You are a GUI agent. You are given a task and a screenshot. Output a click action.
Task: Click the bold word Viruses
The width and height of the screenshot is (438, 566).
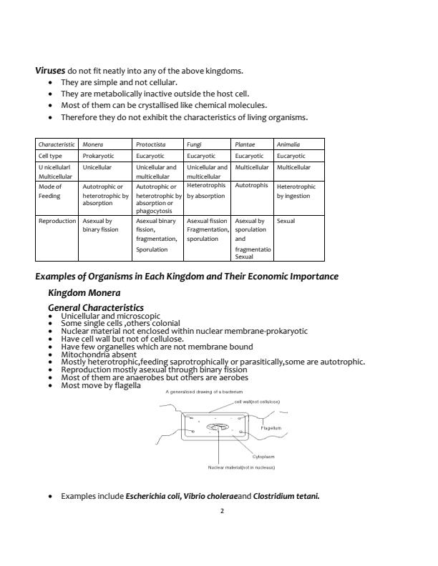click(x=51, y=71)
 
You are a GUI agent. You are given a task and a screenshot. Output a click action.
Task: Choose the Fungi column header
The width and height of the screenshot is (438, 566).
click(x=194, y=144)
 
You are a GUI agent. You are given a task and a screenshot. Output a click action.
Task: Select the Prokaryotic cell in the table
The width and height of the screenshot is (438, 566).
click(x=99, y=156)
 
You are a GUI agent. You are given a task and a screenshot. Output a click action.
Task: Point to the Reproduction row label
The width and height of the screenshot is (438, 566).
click(x=57, y=222)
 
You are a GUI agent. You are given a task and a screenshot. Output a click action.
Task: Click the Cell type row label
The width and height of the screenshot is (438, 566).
click(x=51, y=156)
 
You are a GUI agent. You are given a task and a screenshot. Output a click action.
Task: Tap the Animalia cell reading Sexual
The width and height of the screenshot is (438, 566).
click(x=285, y=222)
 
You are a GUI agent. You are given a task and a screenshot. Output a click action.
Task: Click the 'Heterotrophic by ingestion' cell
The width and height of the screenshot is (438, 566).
click(x=296, y=192)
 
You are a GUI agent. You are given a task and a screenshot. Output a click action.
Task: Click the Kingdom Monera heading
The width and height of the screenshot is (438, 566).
click(x=84, y=293)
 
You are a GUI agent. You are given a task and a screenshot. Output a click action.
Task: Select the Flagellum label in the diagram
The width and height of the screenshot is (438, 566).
click(x=271, y=428)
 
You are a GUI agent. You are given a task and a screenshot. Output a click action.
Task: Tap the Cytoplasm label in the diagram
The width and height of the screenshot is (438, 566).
click(x=263, y=456)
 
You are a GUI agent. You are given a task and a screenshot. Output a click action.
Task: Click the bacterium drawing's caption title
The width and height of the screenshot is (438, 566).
click(x=205, y=392)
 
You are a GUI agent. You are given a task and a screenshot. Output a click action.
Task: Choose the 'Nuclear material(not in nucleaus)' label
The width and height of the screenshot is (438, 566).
click(x=241, y=467)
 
